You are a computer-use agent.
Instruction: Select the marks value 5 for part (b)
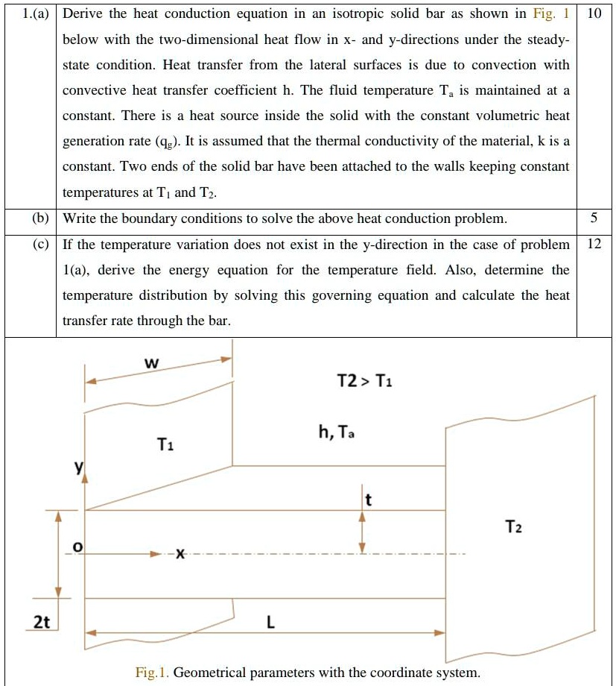(593, 218)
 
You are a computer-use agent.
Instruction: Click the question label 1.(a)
(30, 14)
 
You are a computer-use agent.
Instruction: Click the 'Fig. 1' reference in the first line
(551, 14)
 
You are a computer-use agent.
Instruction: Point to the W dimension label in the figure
(150, 363)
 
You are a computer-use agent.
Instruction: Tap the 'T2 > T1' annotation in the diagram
(365, 381)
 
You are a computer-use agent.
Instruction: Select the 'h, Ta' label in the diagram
(336, 432)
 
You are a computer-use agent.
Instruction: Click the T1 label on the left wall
(165, 445)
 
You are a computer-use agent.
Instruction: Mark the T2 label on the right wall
(513, 527)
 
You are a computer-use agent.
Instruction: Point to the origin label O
(76, 548)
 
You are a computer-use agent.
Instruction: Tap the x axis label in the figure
(180, 554)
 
